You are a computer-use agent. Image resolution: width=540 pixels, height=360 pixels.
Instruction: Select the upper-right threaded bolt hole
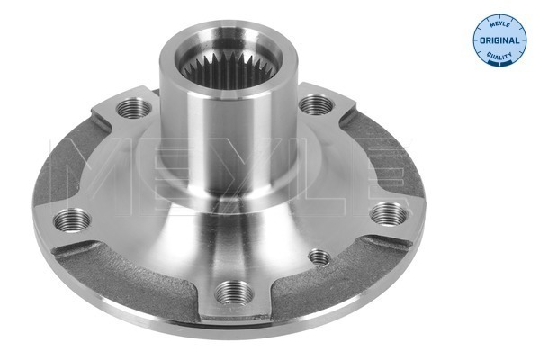point(312,105)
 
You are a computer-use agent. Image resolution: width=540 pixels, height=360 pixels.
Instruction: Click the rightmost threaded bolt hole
point(387,212)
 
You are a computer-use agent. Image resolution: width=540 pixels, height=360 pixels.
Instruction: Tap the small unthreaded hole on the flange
point(318,258)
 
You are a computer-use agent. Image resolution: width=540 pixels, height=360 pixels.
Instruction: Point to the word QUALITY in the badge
point(499,56)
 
